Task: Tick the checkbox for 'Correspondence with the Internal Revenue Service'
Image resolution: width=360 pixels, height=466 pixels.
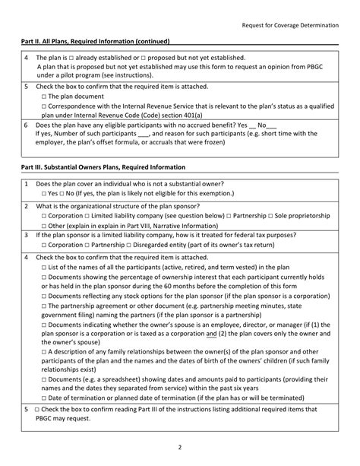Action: pyautogui.click(x=44, y=107)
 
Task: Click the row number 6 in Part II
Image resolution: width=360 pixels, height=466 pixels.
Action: pyautogui.click(x=27, y=124)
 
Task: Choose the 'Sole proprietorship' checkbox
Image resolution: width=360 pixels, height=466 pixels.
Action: pyautogui.click(x=271, y=216)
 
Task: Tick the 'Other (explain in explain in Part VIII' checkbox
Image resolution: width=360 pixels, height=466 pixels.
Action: pyautogui.click(x=44, y=226)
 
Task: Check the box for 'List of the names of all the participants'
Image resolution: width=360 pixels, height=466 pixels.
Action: pyautogui.click(x=44, y=268)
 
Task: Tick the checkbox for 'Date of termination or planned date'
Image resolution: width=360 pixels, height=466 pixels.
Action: pyautogui.click(x=44, y=398)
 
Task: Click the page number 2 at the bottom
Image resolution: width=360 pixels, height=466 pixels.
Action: pyautogui.click(x=180, y=448)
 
